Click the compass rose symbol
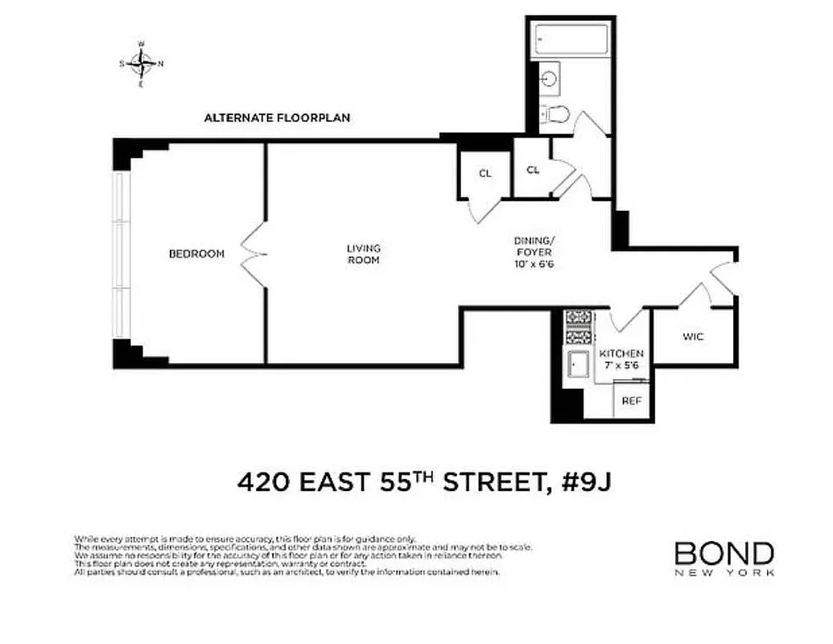[x=142, y=62]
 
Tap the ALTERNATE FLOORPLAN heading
[x=277, y=118]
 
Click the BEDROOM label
[x=196, y=254]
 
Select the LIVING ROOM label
[x=364, y=254]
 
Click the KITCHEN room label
[x=621, y=354]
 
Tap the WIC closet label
[x=693, y=336]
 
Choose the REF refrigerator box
[x=632, y=400]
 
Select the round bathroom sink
[x=551, y=79]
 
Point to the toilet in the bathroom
[x=556, y=114]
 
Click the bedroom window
[x=121, y=254]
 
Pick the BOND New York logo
[x=724, y=558]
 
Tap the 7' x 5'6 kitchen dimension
[x=621, y=365]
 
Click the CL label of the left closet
[x=485, y=174]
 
